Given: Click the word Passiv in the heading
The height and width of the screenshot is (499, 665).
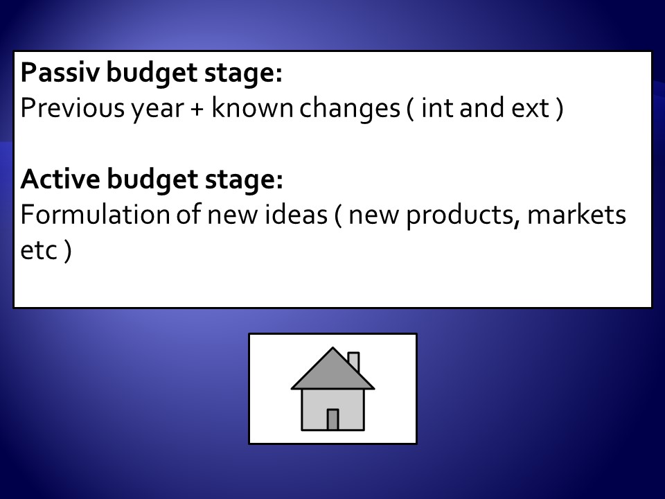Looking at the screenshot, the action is (60, 73).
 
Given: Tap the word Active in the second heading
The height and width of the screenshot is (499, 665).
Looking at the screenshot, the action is (60, 179).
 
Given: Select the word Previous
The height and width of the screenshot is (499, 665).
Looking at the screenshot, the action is (73, 108).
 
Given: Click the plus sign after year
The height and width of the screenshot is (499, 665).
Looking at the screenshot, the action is (197, 110).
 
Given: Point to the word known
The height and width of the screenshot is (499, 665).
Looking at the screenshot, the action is (252, 107).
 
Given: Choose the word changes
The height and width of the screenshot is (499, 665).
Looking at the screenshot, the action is (350, 109).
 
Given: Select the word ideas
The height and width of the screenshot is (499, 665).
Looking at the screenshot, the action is (296, 214).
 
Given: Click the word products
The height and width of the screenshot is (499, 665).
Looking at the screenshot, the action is (463, 215).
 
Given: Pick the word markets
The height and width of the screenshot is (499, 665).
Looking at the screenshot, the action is (576, 214).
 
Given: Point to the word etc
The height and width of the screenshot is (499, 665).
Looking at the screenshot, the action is (39, 250).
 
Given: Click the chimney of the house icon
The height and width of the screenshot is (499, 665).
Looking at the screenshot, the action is (354, 362).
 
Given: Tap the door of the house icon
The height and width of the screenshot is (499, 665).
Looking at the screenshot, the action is (332, 420).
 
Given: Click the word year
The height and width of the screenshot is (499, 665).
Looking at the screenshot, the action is (157, 110).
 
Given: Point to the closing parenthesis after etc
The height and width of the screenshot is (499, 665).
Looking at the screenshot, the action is (68, 250).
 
